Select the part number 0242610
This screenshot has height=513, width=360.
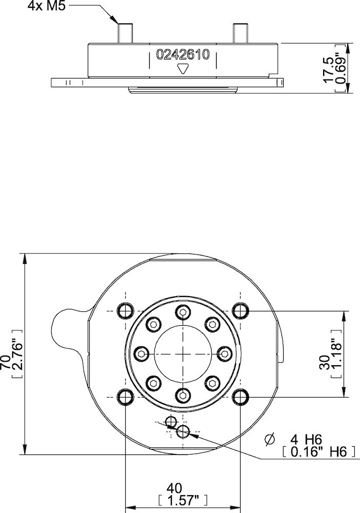click(183, 56)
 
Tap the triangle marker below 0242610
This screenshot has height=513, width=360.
click(183, 69)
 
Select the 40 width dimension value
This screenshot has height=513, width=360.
click(183, 487)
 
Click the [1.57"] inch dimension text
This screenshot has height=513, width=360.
click(183, 500)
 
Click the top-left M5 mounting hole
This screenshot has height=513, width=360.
click(125, 310)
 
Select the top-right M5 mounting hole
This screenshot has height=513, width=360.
click(240, 310)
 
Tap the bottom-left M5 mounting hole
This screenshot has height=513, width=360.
click(125, 397)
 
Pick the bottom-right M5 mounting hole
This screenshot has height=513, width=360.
click(240, 397)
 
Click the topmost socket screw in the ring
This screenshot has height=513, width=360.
click(183, 312)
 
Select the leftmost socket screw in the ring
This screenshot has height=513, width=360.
click(141, 353)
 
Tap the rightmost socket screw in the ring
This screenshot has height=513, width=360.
click(224, 353)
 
